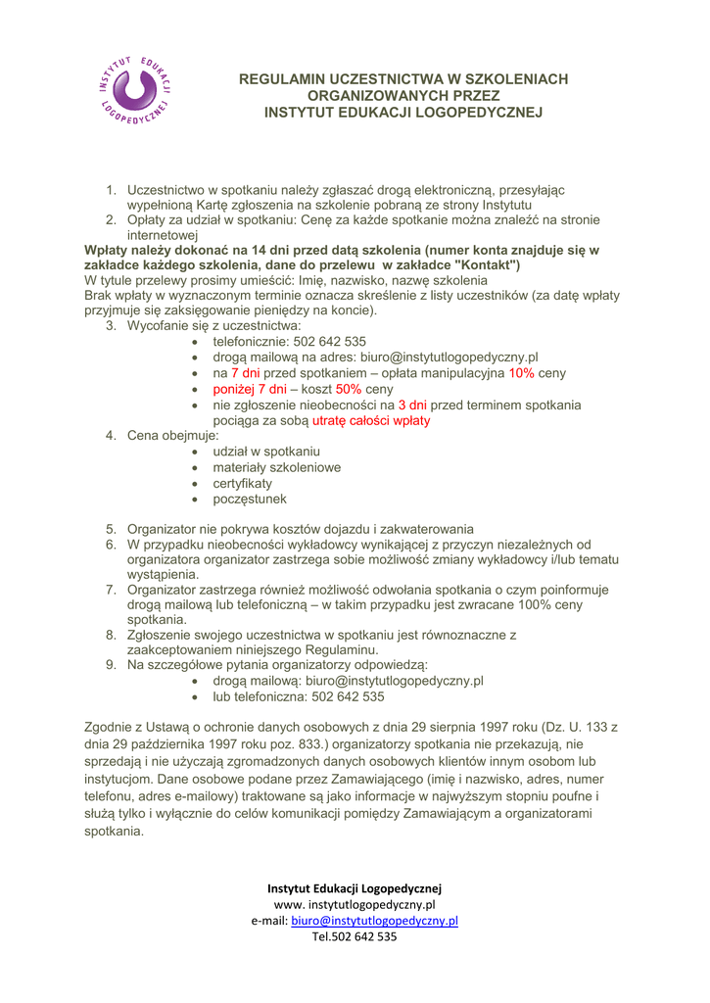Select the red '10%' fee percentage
(x=521, y=373)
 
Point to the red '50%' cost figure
(x=348, y=389)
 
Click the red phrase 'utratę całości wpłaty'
(x=371, y=420)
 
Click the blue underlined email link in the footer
(x=375, y=921)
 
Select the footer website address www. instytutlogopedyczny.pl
(x=355, y=904)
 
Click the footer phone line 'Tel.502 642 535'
(x=355, y=936)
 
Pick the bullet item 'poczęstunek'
(x=250, y=499)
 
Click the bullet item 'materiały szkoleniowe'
(x=276, y=467)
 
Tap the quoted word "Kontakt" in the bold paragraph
(x=488, y=264)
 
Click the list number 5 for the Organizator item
(x=112, y=529)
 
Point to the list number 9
(x=112, y=665)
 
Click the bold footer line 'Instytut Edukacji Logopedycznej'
(x=355, y=888)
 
